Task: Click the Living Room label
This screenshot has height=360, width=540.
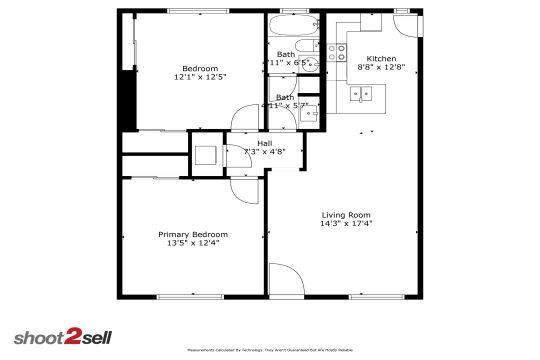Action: point(346,215)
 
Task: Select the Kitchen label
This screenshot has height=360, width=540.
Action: point(381,58)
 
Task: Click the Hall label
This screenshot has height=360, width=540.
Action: point(264,143)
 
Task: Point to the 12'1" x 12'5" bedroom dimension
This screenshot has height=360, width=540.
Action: point(200,77)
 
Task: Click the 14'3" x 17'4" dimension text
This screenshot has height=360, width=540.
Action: point(346,224)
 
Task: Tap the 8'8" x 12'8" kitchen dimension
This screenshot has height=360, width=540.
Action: point(381,67)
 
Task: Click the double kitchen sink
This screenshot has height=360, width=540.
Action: point(362,94)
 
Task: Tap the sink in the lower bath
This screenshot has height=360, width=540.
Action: point(310,112)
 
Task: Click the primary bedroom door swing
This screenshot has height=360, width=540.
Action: point(244,182)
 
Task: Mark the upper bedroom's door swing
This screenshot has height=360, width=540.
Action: point(244,118)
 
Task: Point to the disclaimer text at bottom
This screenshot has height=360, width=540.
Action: point(270,350)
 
